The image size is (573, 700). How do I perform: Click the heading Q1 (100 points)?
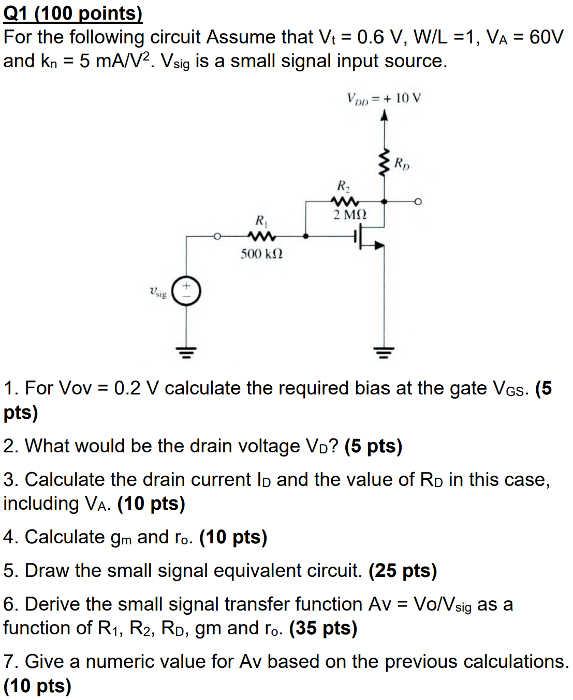72,13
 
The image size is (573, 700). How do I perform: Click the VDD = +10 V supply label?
384,98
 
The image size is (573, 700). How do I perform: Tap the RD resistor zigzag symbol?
384,163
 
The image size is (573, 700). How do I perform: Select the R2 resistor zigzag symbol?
344,201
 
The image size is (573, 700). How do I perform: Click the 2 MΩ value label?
350,215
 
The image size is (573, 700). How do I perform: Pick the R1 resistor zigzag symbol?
262,236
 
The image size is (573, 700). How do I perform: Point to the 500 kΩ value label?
261,254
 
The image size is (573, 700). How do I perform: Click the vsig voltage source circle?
186,292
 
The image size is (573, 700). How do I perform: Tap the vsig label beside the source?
158,293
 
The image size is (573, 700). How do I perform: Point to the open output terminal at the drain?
418,202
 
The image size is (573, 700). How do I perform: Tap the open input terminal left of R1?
218,236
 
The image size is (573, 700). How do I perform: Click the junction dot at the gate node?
305,236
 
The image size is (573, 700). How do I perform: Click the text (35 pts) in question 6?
323,628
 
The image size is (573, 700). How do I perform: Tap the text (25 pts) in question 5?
403,571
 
